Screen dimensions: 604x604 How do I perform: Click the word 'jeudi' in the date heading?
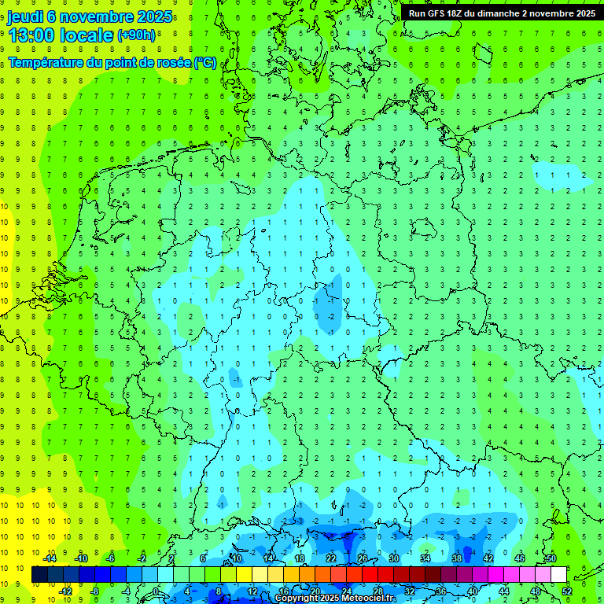click(x=24, y=17)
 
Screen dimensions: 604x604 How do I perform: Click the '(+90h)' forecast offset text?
click(x=137, y=35)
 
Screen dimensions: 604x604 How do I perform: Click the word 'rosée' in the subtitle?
click(x=172, y=62)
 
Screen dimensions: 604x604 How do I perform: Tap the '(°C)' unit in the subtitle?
click(x=205, y=62)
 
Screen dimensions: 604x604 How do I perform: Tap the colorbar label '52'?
click(x=567, y=591)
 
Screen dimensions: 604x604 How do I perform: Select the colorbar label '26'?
click(x=363, y=558)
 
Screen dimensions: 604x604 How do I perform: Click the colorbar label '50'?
click(x=551, y=558)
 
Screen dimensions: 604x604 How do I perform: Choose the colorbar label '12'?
click(x=252, y=591)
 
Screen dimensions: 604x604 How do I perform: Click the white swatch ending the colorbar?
click(x=558, y=575)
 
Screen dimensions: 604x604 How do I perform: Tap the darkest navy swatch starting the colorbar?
click(x=39, y=575)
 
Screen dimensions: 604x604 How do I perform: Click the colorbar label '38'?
click(x=457, y=558)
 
